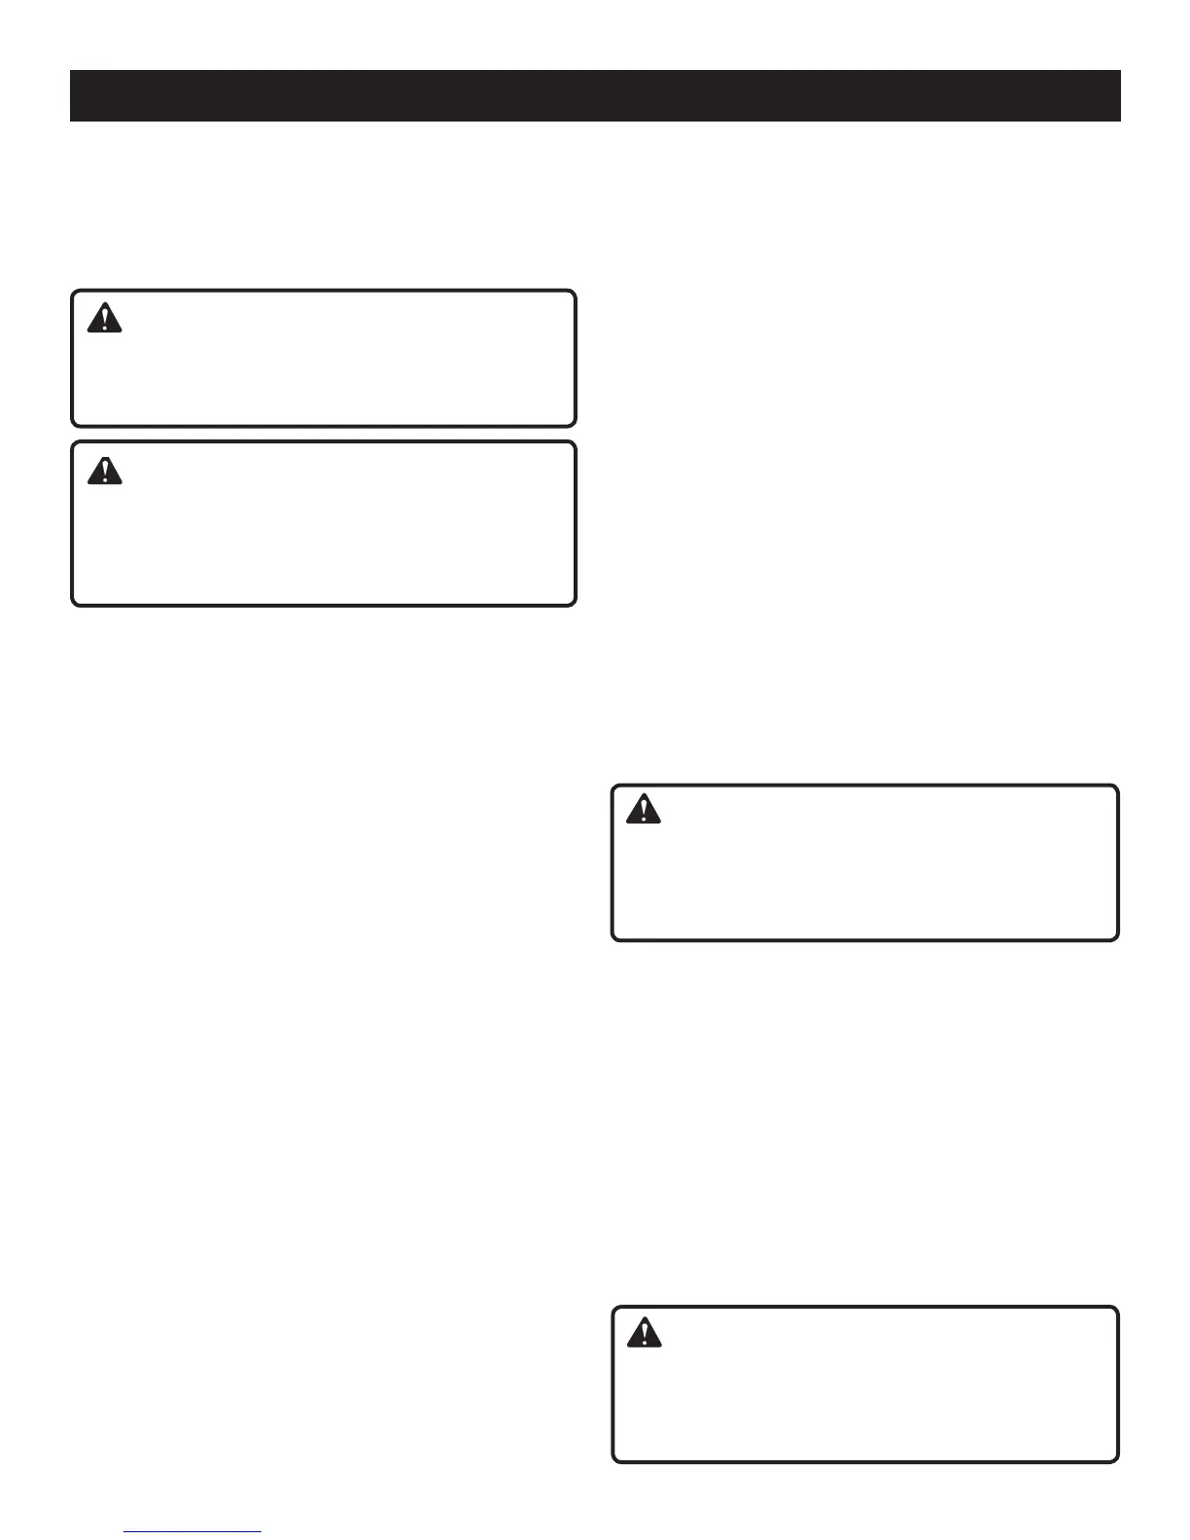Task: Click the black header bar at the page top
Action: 595,95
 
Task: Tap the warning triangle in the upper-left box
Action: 105,319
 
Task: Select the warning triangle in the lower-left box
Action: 105,471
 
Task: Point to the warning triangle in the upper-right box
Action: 644,810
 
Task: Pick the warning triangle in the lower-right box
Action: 644,1332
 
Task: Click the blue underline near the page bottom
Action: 193,1532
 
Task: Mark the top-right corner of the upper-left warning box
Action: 575,291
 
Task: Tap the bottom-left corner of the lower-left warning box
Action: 73,605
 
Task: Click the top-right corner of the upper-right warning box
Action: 1117,787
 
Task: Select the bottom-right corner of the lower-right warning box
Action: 1117,1461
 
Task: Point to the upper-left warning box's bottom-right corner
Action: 575,425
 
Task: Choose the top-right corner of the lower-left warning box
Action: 575,442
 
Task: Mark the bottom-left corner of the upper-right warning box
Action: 612,939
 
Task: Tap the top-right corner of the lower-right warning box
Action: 1117,1309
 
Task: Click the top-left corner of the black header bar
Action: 71,71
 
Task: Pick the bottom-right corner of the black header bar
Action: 1120,121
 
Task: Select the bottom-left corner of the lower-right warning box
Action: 612,1461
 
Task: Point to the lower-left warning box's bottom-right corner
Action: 575,605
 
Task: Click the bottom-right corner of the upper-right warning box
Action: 1117,939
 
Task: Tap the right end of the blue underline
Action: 262,1532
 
